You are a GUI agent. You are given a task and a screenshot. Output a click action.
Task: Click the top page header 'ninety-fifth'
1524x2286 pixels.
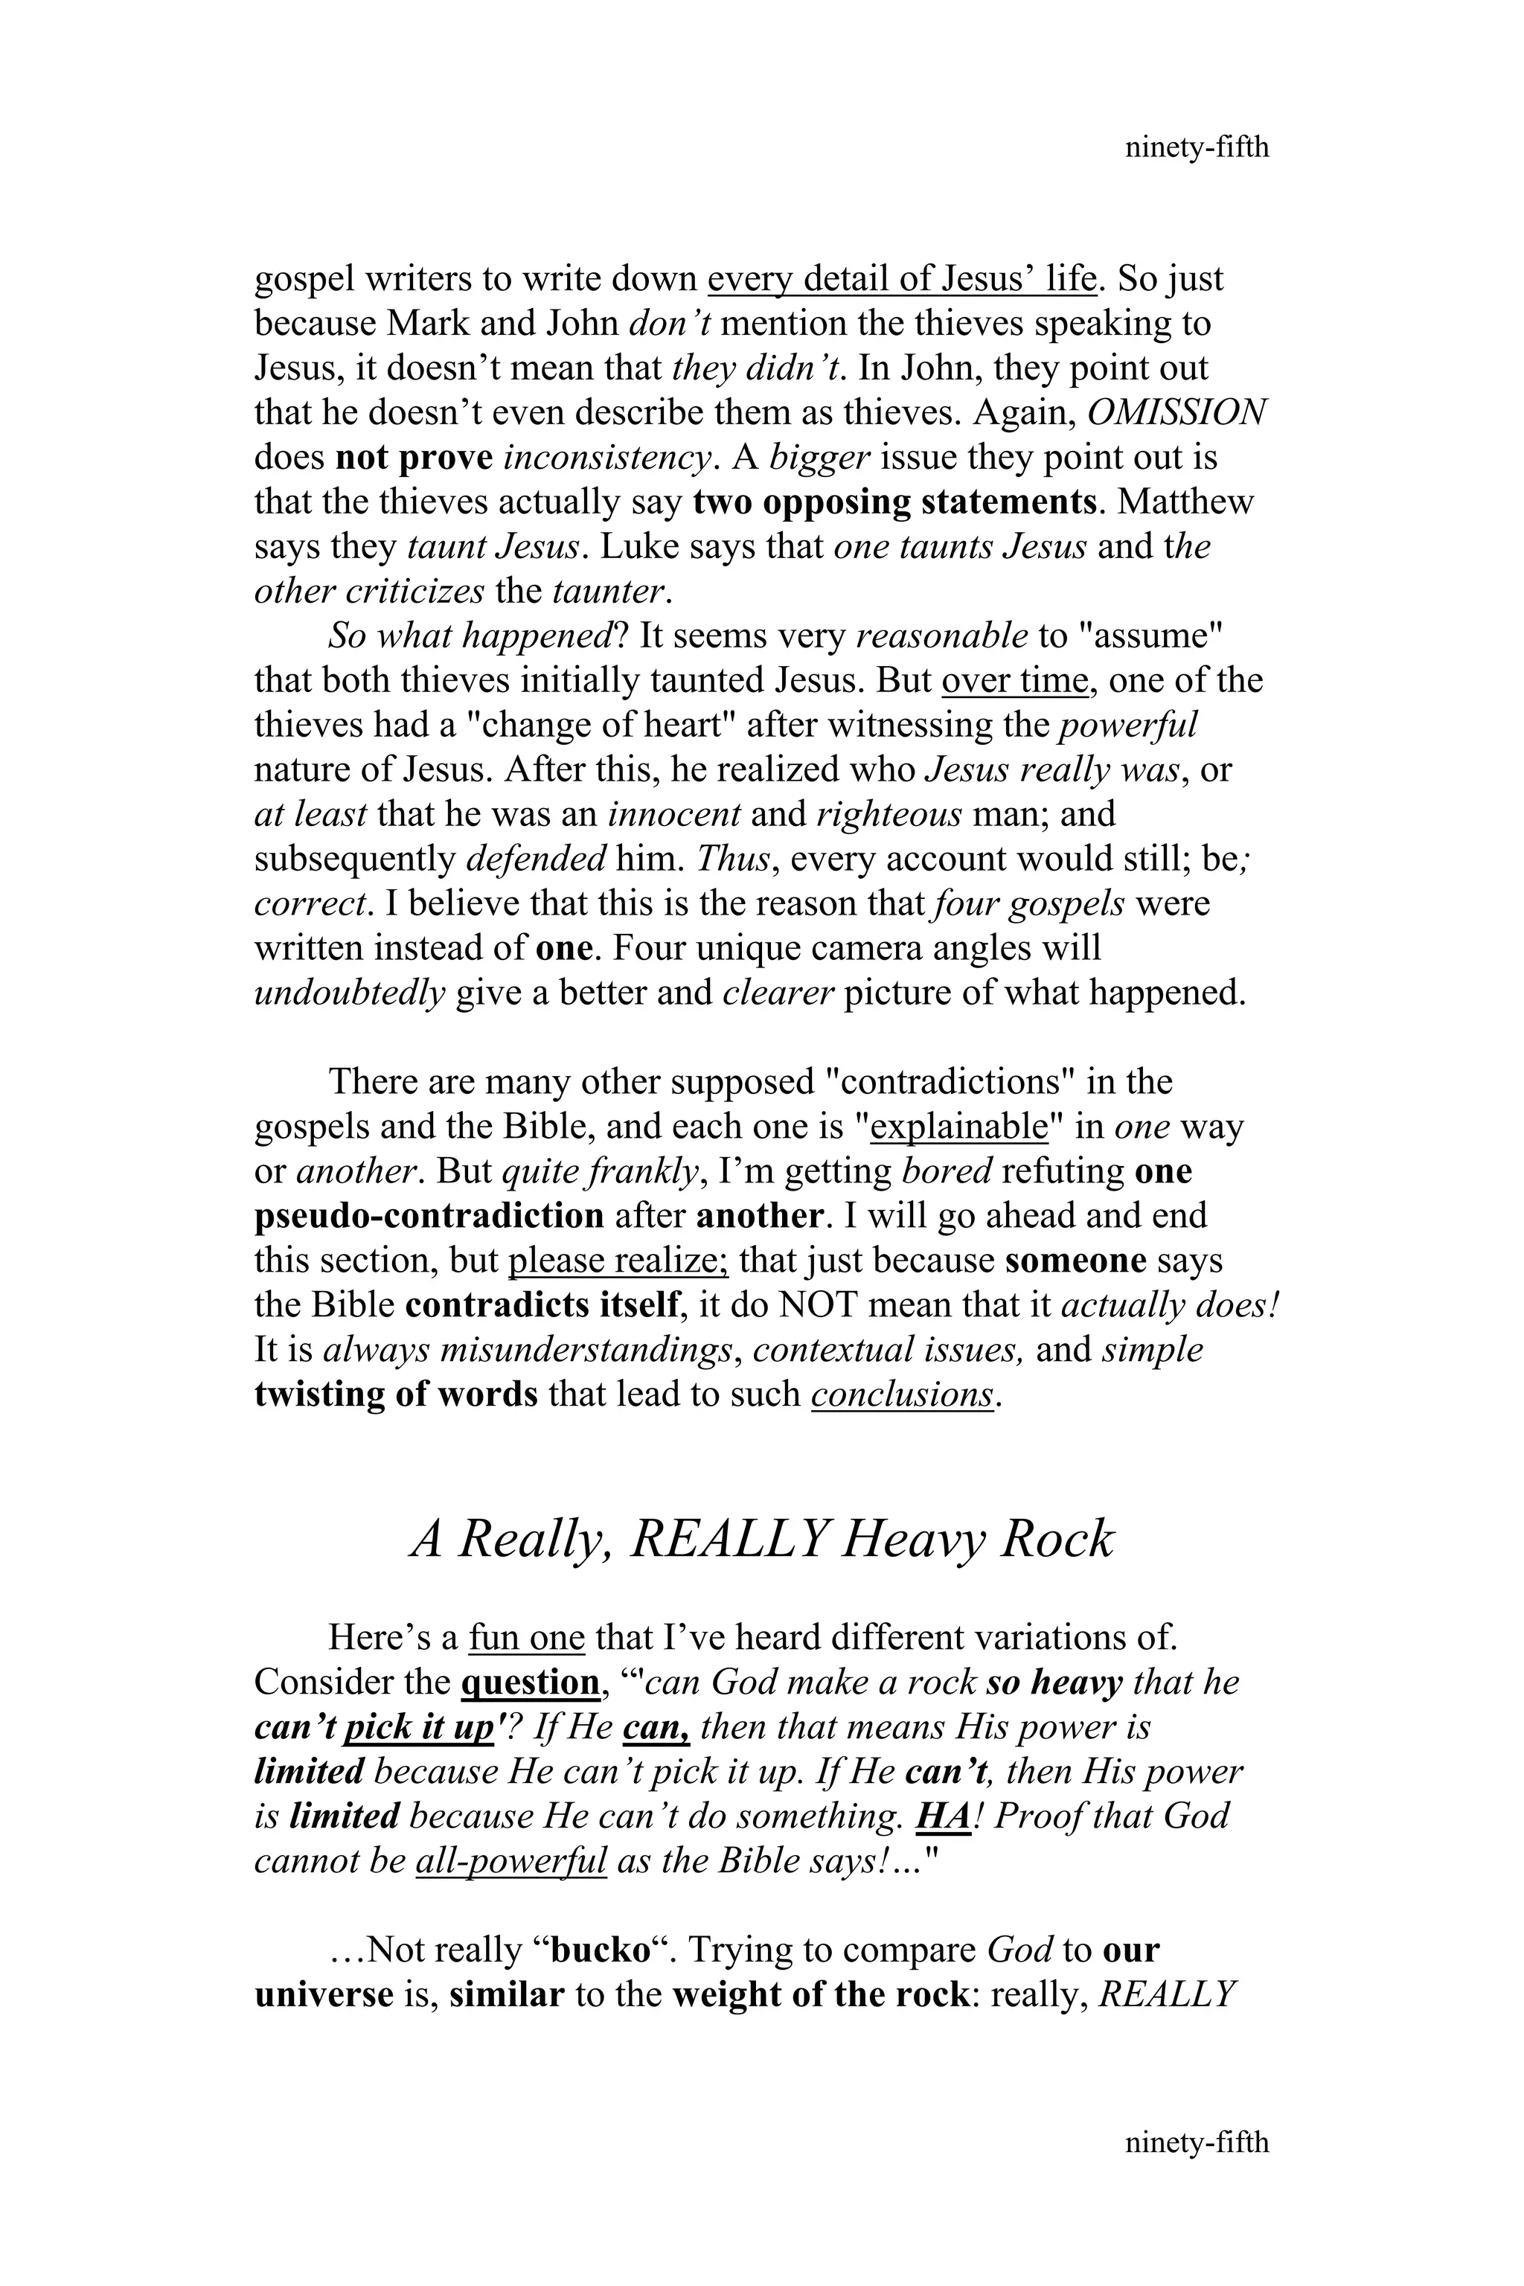click(x=1197, y=148)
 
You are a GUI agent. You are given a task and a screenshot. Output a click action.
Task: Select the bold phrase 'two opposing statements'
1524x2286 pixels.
click(x=894, y=502)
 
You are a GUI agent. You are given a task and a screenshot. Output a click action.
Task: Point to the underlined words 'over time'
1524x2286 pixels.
click(x=1014, y=680)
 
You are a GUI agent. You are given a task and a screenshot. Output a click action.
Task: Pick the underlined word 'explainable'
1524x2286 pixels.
click(x=958, y=1127)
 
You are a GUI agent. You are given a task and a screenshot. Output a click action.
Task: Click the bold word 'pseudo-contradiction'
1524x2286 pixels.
click(x=429, y=1217)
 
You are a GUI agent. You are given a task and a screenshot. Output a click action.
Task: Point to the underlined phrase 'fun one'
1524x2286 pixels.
click(x=527, y=1638)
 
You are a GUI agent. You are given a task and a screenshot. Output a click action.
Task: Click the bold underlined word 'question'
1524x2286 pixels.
click(x=531, y=1683)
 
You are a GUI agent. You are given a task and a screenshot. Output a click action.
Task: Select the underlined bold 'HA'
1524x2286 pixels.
click(x=943, y=1816)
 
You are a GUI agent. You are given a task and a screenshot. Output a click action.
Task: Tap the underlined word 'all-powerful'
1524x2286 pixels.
click(x=510, y=1861)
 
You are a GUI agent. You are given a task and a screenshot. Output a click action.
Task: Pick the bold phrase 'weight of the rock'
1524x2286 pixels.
click(x=819, y=1995)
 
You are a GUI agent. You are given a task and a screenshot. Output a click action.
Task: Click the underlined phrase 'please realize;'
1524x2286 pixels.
click(x=618, y=1261)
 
